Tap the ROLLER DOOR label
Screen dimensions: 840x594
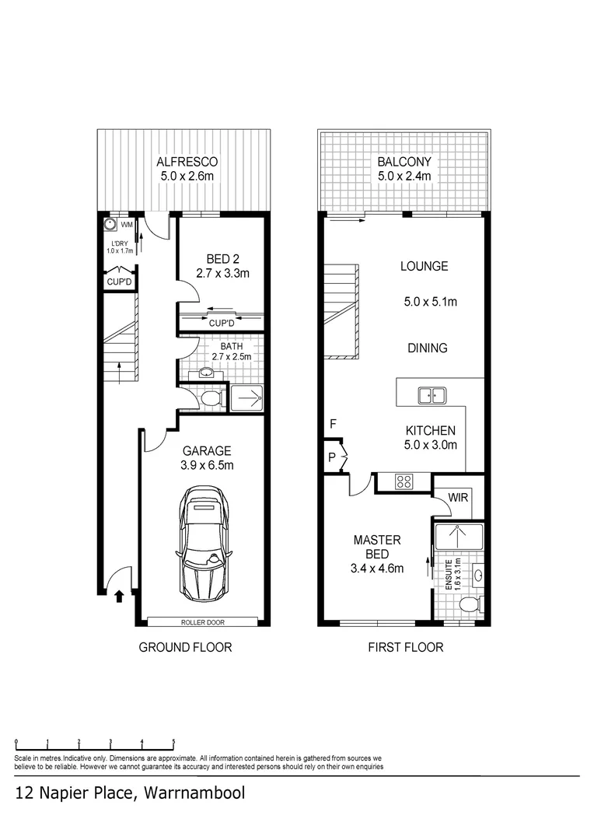203,621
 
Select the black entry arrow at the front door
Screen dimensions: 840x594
119,597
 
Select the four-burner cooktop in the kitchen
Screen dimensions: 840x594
404,481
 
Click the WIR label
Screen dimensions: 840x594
458,497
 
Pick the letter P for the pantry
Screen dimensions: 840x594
331,457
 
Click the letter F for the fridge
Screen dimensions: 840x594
333,424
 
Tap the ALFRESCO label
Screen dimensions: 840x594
187,162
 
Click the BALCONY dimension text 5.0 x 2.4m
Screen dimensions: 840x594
404,177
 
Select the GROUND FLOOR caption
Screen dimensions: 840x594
185,647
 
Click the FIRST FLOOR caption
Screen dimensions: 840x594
405,647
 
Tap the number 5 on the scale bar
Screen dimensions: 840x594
173,742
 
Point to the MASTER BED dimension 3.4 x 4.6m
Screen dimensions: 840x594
377,568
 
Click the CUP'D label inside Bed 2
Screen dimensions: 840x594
222,323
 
